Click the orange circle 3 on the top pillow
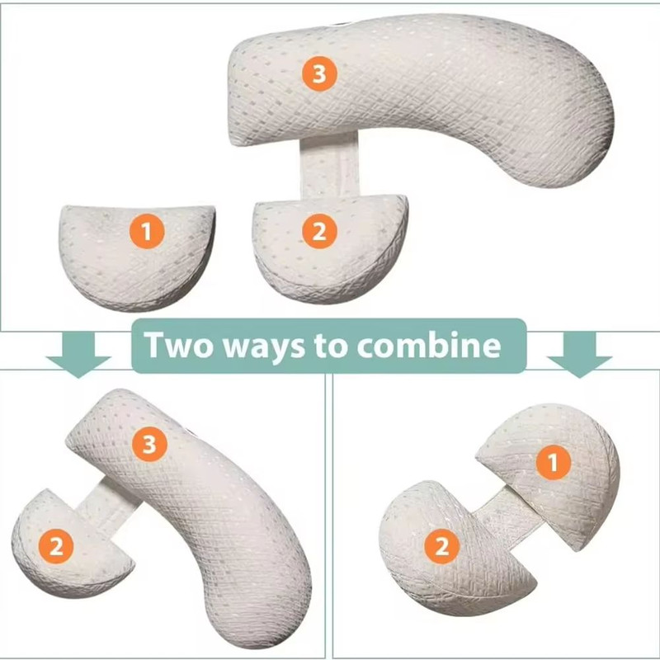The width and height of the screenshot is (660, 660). [319, 75]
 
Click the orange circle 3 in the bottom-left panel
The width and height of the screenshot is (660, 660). [150, 445]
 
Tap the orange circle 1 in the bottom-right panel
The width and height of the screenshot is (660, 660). [553, 464]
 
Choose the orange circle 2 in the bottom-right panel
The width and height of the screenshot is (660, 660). [442, 544]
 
